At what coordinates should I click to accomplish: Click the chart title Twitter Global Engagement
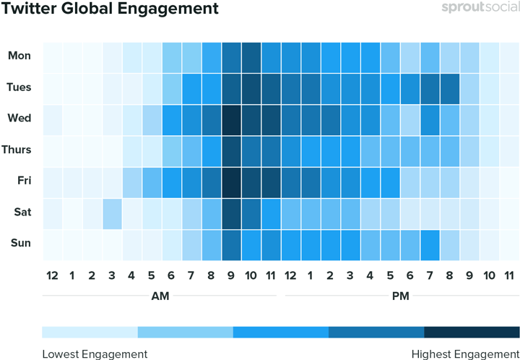[x=110, y=9]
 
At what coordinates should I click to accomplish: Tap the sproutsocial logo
[x=480, y=9]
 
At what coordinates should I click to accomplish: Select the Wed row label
[x=19, y=119]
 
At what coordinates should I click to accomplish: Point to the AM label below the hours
[x=160, y=296]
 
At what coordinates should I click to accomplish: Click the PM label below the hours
[x=400, y=296]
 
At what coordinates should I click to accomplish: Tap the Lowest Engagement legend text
[x=95, y=353]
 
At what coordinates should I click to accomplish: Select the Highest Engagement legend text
[x=465, y=353]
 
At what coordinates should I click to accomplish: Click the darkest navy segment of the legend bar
[x=472, y=332]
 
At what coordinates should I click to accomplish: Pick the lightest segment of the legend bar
[x=90, y=332]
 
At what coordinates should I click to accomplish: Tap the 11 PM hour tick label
[x=509, y=275]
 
